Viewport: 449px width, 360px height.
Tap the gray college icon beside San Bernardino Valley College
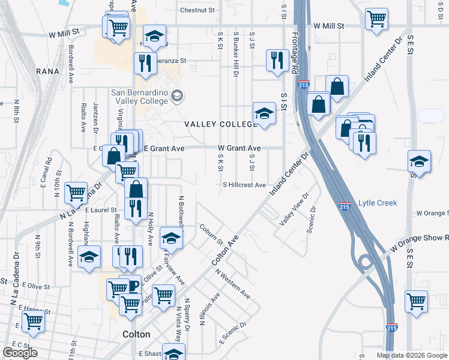[177, 95]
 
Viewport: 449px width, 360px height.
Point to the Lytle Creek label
[378, 203]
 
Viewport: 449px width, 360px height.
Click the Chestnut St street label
[197, 10]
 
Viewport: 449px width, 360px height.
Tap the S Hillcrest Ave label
[244, 185]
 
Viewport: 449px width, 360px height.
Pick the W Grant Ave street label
[239, 148]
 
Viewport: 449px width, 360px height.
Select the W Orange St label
[432, 213]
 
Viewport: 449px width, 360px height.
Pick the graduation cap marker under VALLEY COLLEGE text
[264, 113]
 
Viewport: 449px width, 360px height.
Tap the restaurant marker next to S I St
[277, 59]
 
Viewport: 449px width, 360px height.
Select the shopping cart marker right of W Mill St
[376, 19]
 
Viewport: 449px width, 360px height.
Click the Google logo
[20, 353]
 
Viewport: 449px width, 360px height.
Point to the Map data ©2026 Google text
[411, 355]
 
